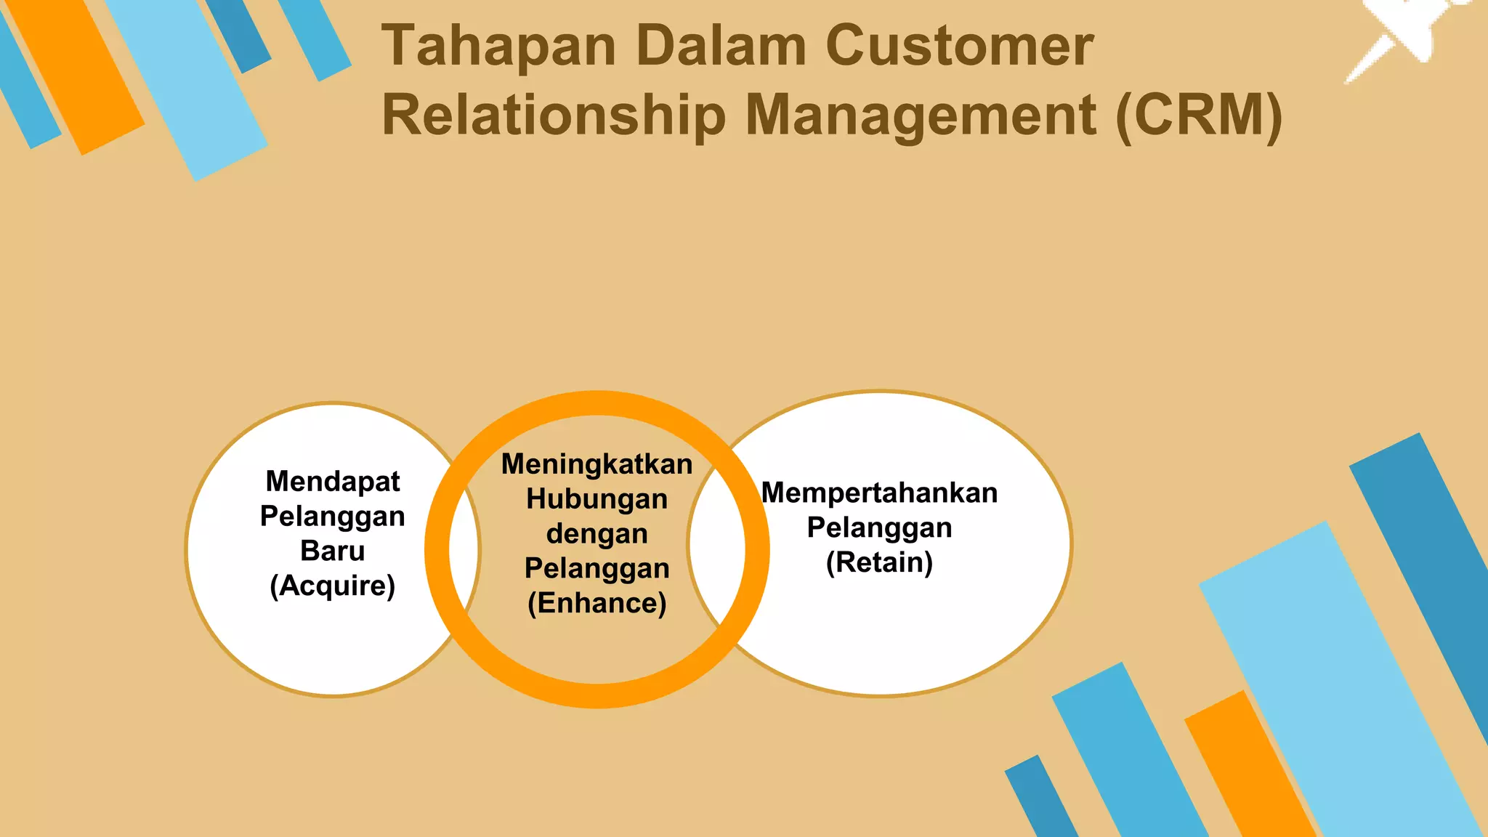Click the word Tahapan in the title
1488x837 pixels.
[x=499, y=46]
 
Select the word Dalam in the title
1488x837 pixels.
[x=721, y=46]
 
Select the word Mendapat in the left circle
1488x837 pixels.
[x=333, y=482]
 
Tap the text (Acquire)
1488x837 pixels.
[x=333, y=586]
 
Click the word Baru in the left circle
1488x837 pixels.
[x=333, y=551]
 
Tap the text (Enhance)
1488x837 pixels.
[x=597, y=604]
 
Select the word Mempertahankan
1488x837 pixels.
[x=879, y=493]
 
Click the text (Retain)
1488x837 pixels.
[x=879, y=563]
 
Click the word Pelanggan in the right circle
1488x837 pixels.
[x=879, y=528]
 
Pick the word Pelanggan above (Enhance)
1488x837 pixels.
[x=597, y=569]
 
